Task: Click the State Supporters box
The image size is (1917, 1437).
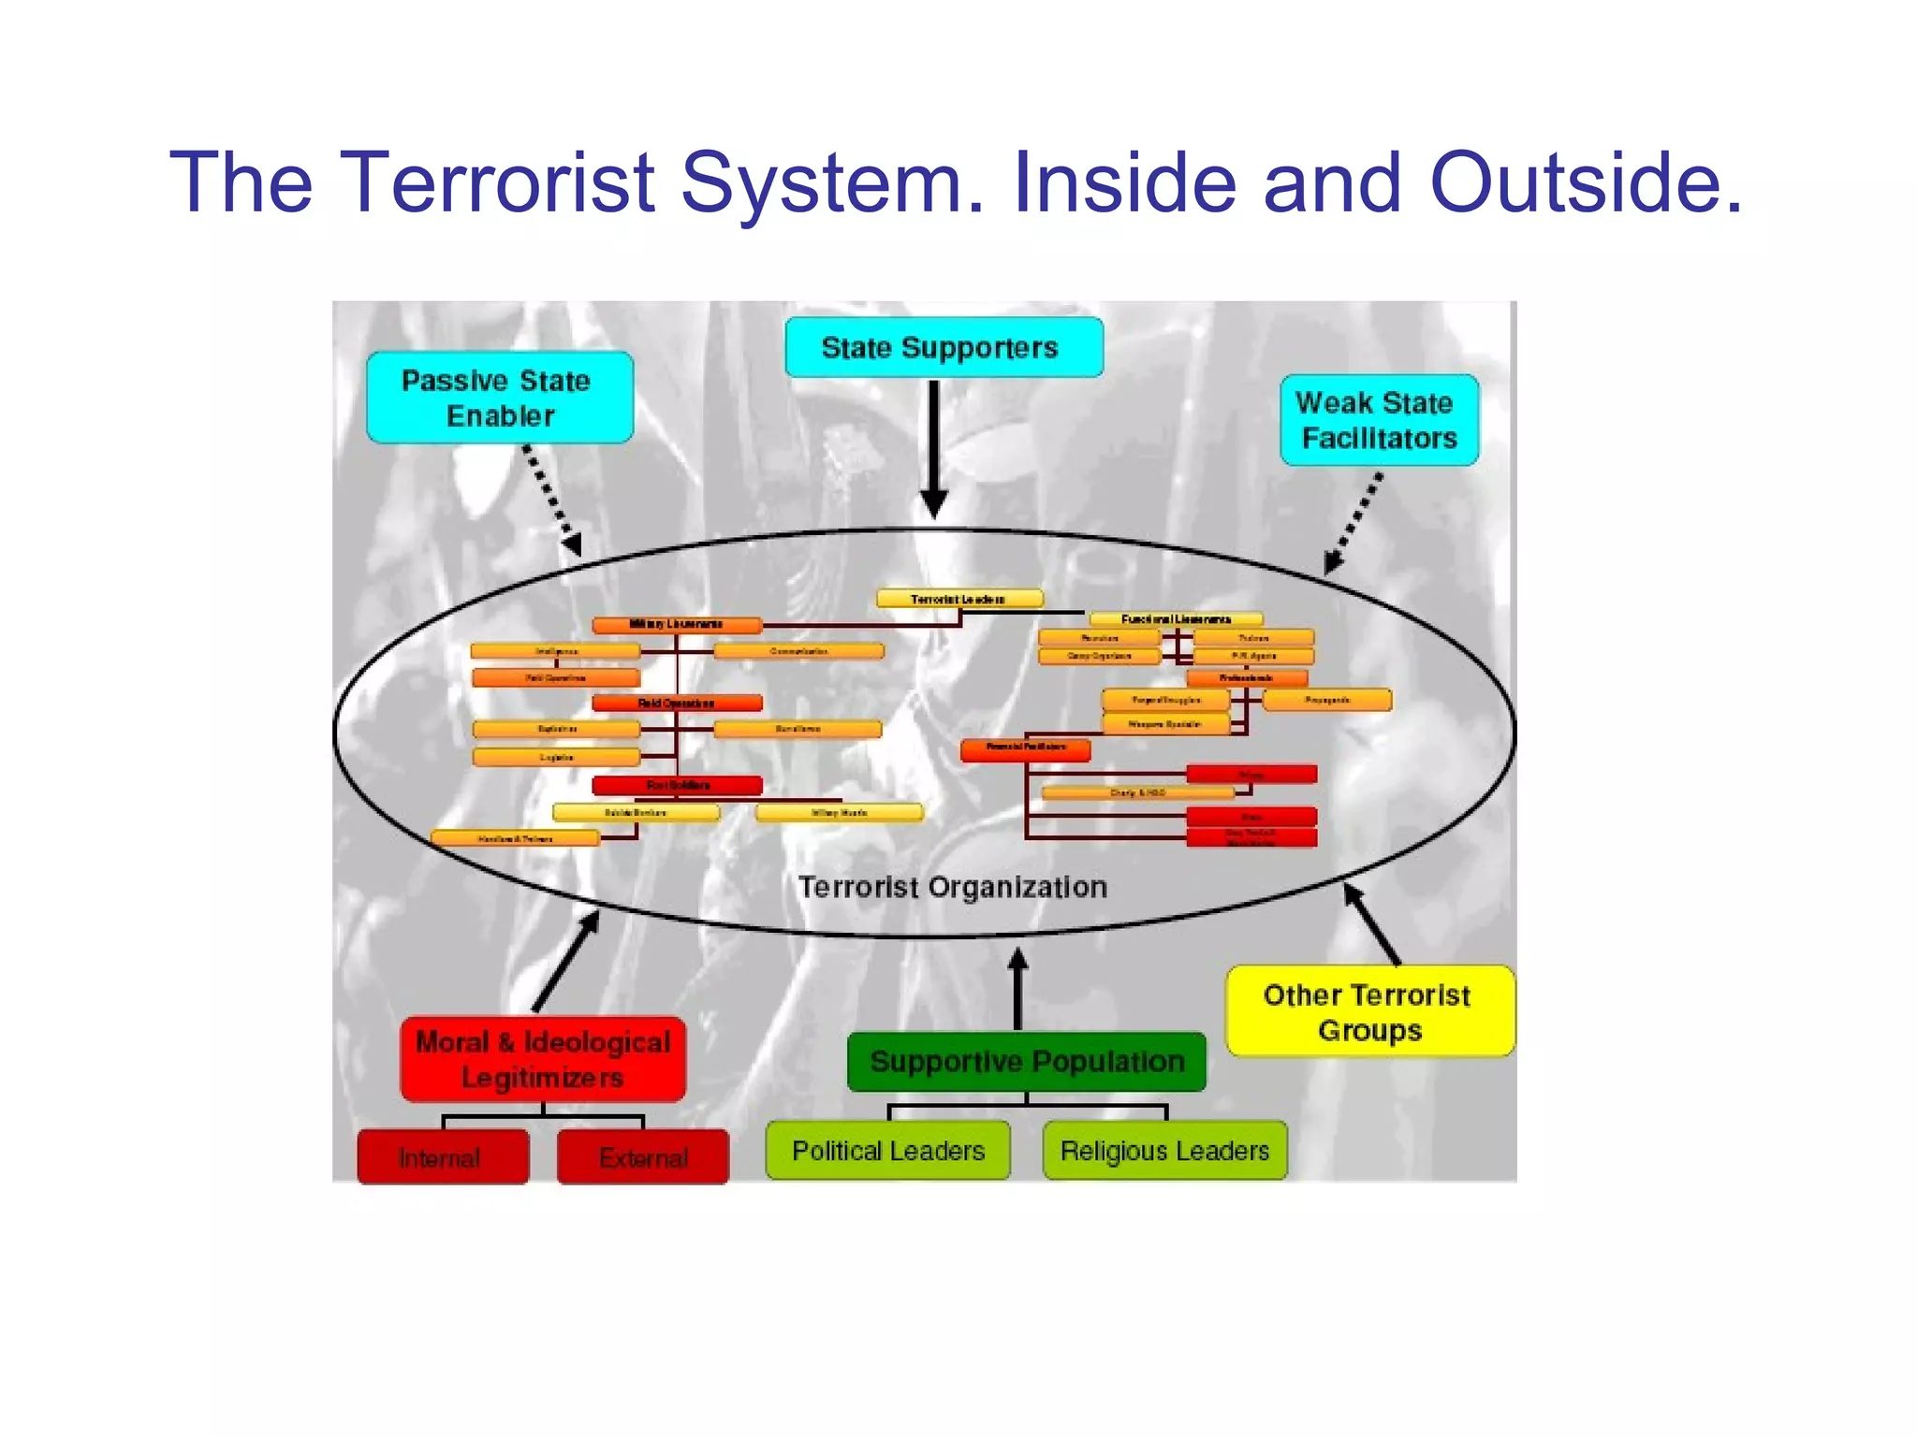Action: [x=944, y=348]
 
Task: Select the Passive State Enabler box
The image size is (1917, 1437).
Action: [x=500, y=398]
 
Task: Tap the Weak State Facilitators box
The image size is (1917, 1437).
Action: [x=1379, y=420]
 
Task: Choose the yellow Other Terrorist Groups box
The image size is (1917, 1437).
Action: [x=1369, y=1011]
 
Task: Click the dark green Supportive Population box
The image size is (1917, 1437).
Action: [x=1027, y=1062]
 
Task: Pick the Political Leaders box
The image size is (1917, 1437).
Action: [x=887, y=1151]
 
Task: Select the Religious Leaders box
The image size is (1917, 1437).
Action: [x=1164, y=1151]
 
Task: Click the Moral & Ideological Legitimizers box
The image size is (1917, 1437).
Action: [x=543, y=1059]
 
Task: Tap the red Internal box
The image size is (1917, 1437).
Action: [x=443, y=1157]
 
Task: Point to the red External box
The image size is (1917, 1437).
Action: [x=643, y=1157]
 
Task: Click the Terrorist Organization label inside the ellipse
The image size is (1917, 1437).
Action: [x=952, y=887]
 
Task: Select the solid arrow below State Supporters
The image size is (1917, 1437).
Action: [x=933, y=449]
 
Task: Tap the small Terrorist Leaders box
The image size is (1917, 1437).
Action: [x=959, y=599]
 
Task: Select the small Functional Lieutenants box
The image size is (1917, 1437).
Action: [x=1176, y=619]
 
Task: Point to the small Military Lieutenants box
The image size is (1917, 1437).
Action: [x=677, y=624]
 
